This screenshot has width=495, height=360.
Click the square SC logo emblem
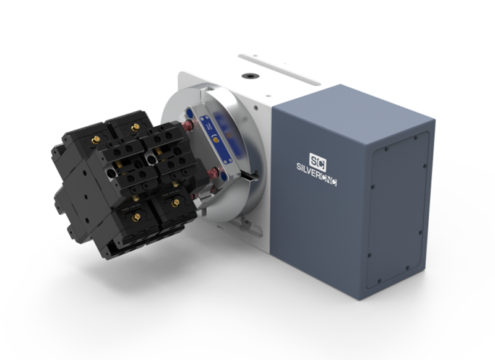tap(317, 162)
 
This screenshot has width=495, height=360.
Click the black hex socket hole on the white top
tap(251, 76)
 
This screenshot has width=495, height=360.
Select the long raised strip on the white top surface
tap(280, 69)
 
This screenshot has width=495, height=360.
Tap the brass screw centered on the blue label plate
tap(217, 139)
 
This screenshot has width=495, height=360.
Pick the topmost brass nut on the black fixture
tap(136, 127)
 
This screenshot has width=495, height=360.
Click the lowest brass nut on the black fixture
tap(136, 217)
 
